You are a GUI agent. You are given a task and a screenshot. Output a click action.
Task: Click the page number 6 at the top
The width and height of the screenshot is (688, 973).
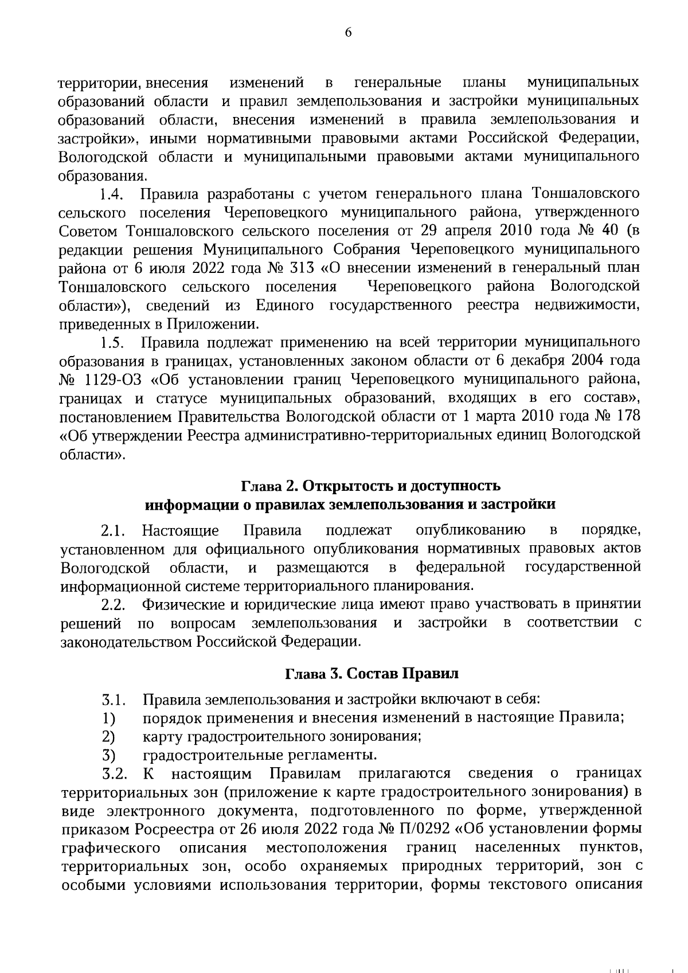click(x=347, y=33)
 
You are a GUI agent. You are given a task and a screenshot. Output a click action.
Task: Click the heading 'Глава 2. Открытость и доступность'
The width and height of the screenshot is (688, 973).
click(x=370, y=486)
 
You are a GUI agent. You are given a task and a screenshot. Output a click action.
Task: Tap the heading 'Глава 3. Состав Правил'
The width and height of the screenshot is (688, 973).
click(x=372, y=674)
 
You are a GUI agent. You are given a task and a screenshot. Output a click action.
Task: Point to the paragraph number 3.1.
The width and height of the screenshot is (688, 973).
click(x=114, y=700)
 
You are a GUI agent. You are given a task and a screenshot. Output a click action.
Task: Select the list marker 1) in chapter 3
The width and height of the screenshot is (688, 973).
click(x=109, y=718)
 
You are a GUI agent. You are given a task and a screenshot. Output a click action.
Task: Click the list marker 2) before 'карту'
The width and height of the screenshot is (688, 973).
click(x=109, y=736)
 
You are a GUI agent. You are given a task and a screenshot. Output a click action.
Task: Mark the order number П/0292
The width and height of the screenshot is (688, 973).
click(x=419, y=830)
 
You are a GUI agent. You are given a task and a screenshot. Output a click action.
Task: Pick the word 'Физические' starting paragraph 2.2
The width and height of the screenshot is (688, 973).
click(x=181, y=605)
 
